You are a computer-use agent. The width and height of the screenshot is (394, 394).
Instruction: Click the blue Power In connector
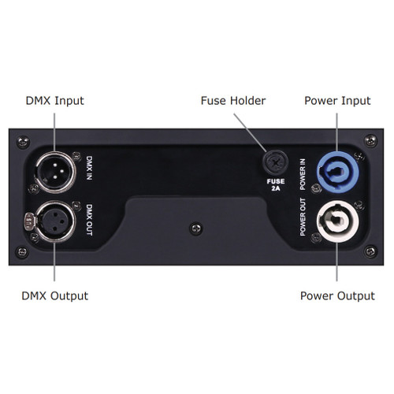(338, 173)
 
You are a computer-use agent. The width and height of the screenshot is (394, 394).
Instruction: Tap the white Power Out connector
(338, 221)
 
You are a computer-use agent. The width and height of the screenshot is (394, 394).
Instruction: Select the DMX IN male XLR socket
(56, 172)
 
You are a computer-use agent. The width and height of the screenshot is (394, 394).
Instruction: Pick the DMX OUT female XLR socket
(56, 221)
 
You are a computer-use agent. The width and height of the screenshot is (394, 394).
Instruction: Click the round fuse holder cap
(276, 163)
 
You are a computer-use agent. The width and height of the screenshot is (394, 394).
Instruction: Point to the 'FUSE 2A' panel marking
(276, 184)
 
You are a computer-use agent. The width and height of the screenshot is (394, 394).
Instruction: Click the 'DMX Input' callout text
(54, 101)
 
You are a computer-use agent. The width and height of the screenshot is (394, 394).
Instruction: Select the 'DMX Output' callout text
(54, 296)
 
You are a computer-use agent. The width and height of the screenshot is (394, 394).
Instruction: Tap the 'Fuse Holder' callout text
(233, 101)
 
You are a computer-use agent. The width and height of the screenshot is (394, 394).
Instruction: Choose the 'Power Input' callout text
(337, 101)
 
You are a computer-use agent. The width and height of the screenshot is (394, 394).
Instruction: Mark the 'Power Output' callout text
(337, 296)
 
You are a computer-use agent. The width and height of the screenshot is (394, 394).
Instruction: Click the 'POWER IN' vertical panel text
(303, 174)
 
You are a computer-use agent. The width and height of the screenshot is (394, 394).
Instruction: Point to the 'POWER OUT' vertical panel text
(303, 217)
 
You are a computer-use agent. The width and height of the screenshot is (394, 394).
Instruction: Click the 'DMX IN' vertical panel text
(89, 168)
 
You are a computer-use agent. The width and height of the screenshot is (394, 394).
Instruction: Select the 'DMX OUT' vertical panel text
(89, 220)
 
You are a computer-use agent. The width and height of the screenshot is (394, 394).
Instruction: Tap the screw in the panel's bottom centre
(196, 229)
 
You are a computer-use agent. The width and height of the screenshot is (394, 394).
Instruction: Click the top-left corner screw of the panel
(23, 142)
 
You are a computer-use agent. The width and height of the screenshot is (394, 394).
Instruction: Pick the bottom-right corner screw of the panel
(370, 251)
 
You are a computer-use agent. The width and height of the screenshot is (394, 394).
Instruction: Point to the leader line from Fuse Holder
(251, 133)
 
